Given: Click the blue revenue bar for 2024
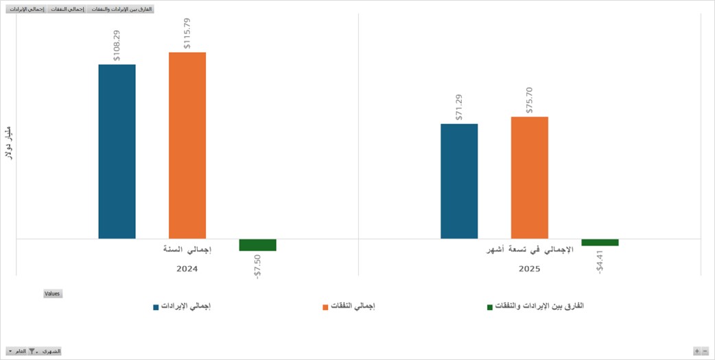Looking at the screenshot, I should click(117, 152).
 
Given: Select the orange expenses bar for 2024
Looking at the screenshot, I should click(187, 145).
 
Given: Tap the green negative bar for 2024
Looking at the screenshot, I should click(257, 245).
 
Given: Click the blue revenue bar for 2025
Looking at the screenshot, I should click(459, 181).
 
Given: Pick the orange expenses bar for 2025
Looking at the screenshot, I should click(529, 178).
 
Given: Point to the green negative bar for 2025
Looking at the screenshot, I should click(600, 242).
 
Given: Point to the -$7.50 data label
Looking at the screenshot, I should click(257, 266).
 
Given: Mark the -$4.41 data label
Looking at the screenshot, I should click(600, 261).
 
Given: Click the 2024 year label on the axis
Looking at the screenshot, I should click(187, 269).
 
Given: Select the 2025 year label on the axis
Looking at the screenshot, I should click(528, 269).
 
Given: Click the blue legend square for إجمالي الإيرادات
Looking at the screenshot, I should click(156, 307).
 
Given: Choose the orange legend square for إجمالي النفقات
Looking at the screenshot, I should click(325, 307).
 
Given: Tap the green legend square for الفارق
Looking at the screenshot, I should click(490, 307).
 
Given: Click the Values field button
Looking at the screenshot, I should click(53, 293).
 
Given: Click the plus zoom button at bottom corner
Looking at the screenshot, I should click(696, 351).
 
